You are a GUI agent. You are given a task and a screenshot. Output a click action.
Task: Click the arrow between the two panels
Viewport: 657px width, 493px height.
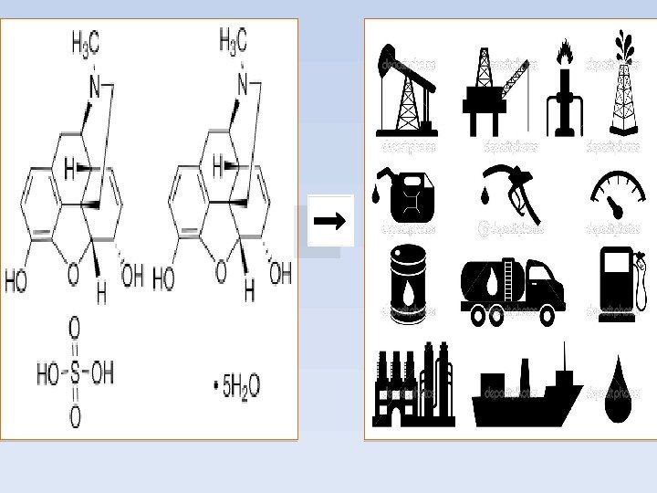coord(330,220)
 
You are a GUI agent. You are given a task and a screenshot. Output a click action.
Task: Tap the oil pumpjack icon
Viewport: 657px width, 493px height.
coord(405,89)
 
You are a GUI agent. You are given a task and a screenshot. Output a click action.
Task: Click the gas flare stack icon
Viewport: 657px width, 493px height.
coord(567,89)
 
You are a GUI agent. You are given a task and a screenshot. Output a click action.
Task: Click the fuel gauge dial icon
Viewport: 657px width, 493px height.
coord(618,194)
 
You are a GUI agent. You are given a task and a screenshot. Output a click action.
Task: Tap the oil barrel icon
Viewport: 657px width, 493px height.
coord(407,284)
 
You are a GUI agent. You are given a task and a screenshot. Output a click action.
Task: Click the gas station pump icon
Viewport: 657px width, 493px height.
coord(620,283)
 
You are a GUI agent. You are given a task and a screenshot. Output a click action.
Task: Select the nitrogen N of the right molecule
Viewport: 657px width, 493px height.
coord(242,86)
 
